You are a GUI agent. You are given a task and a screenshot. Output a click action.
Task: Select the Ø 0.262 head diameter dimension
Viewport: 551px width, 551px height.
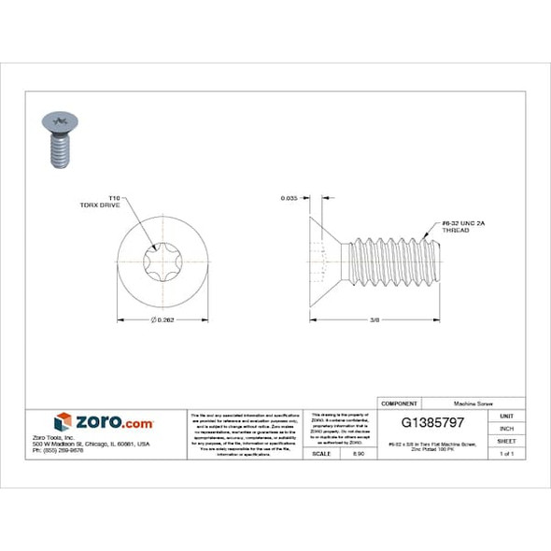click(x=162, y=320)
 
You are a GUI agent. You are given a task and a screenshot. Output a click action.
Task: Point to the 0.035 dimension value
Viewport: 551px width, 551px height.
click(x=290, y=199)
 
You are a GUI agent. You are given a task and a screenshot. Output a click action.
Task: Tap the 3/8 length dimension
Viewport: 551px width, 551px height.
click(x=374, y=320)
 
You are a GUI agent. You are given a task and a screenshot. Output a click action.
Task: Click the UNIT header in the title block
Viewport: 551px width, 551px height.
click(x=506, y=416)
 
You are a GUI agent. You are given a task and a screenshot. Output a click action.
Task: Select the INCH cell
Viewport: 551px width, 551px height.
click(x=506, y=428)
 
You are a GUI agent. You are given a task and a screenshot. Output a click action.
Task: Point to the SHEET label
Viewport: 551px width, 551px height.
click(x=506, y=440)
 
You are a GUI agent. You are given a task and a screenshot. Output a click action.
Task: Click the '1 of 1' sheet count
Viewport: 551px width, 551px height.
click(x=506, y=453)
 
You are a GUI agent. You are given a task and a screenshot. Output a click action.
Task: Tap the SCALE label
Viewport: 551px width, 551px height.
click(x=320, y=453)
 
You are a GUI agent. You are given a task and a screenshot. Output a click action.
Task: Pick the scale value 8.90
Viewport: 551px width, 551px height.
click(x=358, y=453)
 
